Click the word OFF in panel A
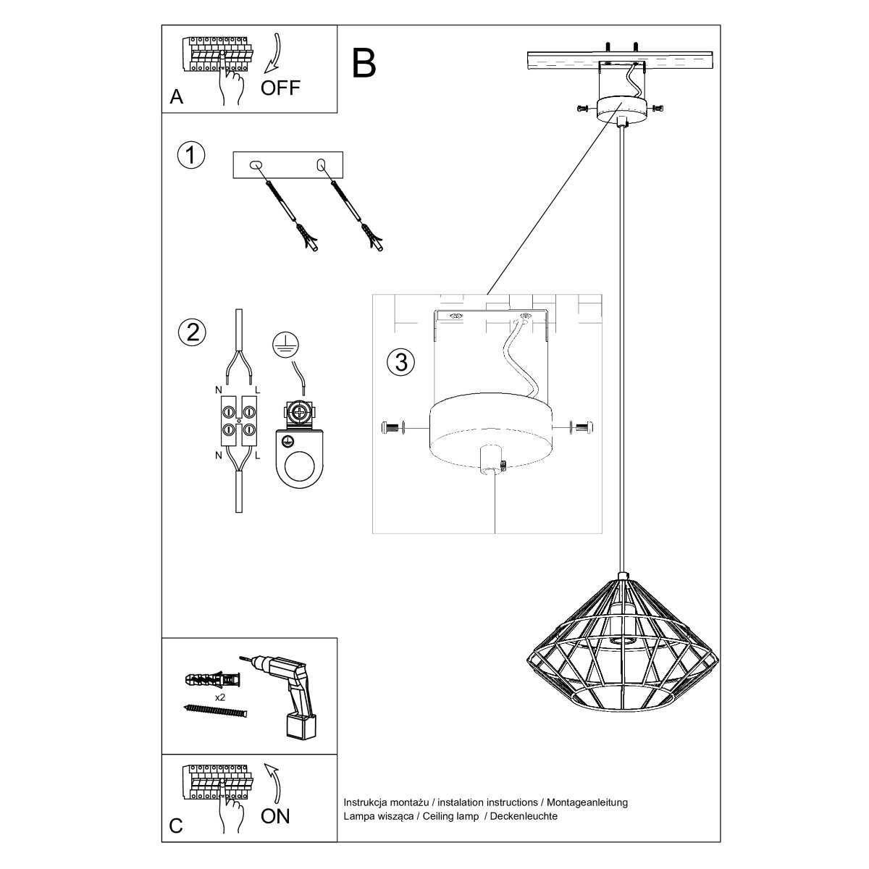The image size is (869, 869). click(280, 88)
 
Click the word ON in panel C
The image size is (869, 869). click(275, 816)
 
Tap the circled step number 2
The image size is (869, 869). click(192, 332)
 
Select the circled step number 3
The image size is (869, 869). click(401, 362)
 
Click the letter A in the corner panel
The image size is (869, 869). click(176, 98)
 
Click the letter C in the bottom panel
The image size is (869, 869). click(176, 827)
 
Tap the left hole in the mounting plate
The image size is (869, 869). click(254, 166)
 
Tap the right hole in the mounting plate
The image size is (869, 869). click(322, 165)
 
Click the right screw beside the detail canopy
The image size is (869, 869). click(584, 427)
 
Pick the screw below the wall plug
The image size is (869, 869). click(217, 712)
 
